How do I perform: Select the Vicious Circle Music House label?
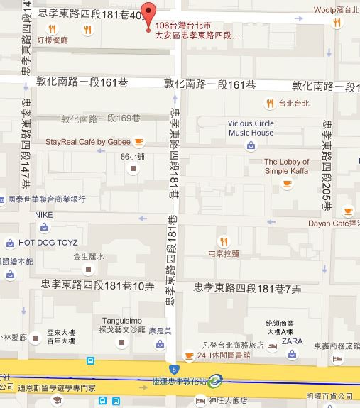[x=251, y=128]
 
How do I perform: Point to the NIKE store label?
[x=43, y=214]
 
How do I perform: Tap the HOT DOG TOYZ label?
[x=48, y=242]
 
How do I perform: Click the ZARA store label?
[x=292, y=341]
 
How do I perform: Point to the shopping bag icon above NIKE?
[x=44, y=227]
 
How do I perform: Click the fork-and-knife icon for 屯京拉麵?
[x=223, y=240]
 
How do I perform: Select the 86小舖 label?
[x=133, y=156]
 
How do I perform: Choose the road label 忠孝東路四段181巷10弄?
[x=98, y=285]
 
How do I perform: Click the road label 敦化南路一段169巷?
[x=100, y=118]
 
